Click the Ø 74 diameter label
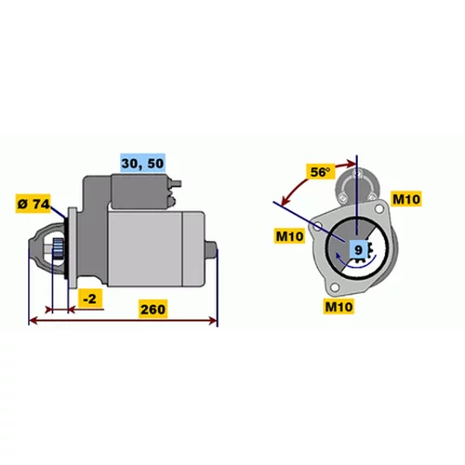pyautogui.click(x=33, y=204)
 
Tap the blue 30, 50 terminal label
pyautogui.click(x=142, y=163)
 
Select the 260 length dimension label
pyautogui.click(x=153, y=309)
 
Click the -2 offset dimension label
pyautogui.click(x=90, y=299)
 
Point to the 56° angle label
pyautogui.click(x=321, y=171)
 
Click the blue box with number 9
pyautogui.click(x=358, y=249)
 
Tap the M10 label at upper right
pyautogui.click(x=406, y=199)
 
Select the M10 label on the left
pyautogui.click(x=289, y=236)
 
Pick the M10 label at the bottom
pyautogui.click(x=339, y=306)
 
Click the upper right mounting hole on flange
pyautogui.click(x=379, y=208)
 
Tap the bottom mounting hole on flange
pyautogui.click(x=335, y=287)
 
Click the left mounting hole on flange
pyautogui.click(x=316, y=226)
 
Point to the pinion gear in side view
pyautogui.click(x=58, y=250)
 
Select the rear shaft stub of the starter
pyautogui.click(x=211, y=250)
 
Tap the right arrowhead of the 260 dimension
pyautogui.click(x=213, y=321)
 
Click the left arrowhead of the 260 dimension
pyautogui.click(x=33, y=321)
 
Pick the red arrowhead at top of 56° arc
pyautogui.click(x=352, y=164)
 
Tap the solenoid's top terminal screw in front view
pyautogui.click(x=358, y=173)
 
